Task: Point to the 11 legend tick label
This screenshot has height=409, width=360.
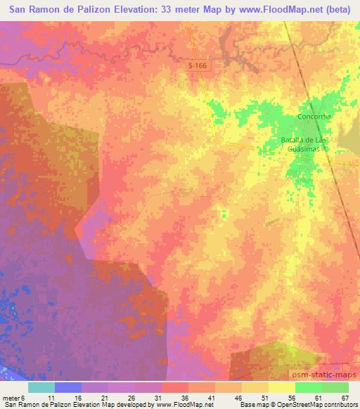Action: tap(54, 398)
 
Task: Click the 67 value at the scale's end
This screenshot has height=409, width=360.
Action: tap(345, 398)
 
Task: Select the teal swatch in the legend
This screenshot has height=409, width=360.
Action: tap(41, 387)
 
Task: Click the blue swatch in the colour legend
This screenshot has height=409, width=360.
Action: tap(68, 387)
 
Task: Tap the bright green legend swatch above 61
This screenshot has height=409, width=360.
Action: tap(308, 387)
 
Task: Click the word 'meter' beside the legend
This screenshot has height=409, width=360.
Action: tap(12, 398)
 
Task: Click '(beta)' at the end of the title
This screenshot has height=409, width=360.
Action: tap(339, 10)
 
